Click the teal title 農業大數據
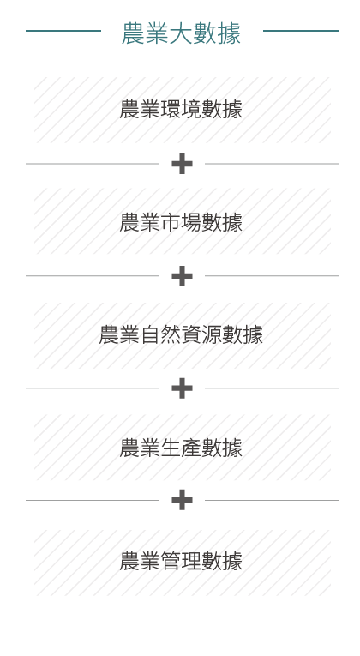(181, 33)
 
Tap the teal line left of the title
(63, 31)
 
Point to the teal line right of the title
(301, 31)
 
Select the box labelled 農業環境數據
(183, 110)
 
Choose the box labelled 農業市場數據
(183, 221)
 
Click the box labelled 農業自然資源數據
(183, 335)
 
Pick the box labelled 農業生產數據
(183, 448)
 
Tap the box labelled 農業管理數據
(183, 563)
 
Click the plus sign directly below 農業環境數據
(183, 164)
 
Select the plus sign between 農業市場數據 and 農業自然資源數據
(183, 276)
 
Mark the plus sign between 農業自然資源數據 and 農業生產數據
(183, 388)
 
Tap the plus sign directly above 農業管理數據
(183, 500)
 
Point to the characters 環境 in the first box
(181, 110)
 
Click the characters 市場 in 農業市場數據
(181, 222)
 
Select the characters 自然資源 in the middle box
(181, 335)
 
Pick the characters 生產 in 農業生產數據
(181, 448)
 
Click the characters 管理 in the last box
(181, 561)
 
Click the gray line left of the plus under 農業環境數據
(93, 164)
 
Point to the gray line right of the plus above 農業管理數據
(272, 500)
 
